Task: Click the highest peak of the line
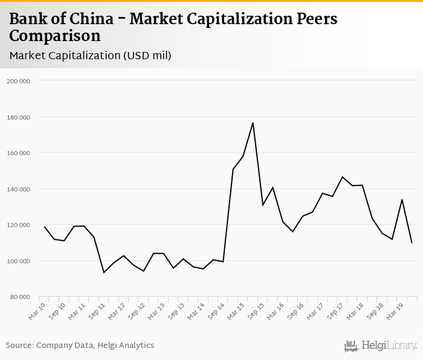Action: (x=253, y=123)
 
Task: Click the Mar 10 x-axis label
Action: (x=37, y=309)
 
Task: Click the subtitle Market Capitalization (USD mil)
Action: (x=91, y=56)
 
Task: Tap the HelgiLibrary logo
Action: (x=380, y=346)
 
